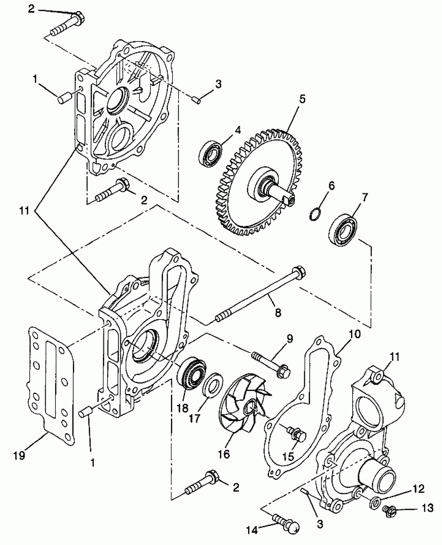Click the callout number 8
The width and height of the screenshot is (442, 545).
point(278,313)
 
